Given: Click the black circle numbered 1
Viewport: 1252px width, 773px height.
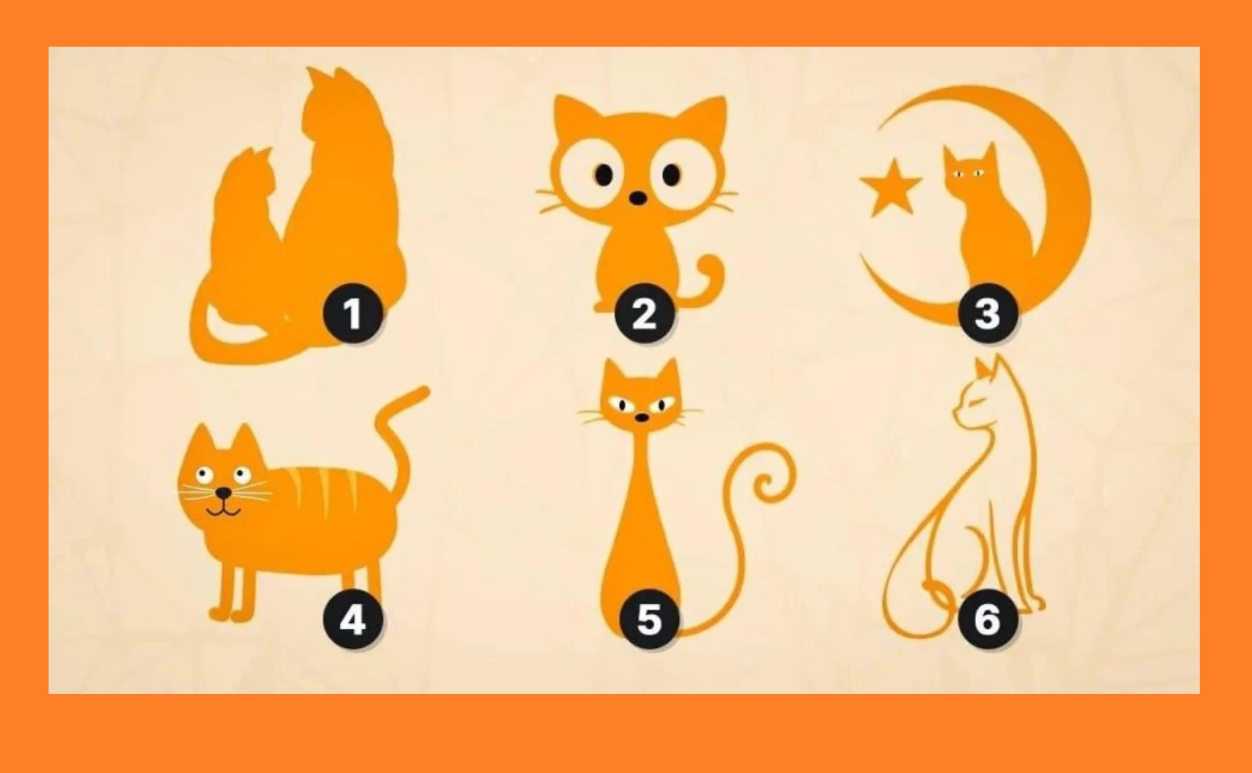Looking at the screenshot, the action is click(353, 314).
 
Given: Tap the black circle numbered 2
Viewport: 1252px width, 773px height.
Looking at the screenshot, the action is click(645, 314).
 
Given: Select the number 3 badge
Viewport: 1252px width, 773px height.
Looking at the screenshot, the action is click(987, 314).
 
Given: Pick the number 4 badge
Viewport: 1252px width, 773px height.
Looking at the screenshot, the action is click(353, 618).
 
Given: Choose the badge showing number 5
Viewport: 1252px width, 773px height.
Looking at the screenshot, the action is click(648, 618).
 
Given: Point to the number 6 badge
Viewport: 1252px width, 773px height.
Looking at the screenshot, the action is click(987, 618).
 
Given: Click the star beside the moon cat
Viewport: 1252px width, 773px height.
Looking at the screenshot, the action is click(890, 189).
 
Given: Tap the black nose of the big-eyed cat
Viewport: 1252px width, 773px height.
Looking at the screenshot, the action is click(638, 198).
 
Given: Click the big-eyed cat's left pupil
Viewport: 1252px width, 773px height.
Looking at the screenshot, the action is click(604, 174).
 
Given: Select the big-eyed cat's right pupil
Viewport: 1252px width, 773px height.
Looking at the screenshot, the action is click(671, 174).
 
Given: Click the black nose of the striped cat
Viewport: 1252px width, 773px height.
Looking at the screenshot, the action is click(224, 493).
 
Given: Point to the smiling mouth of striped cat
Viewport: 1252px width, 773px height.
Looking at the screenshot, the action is click(224, 511).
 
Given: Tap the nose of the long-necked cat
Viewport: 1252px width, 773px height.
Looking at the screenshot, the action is click(642, 417).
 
